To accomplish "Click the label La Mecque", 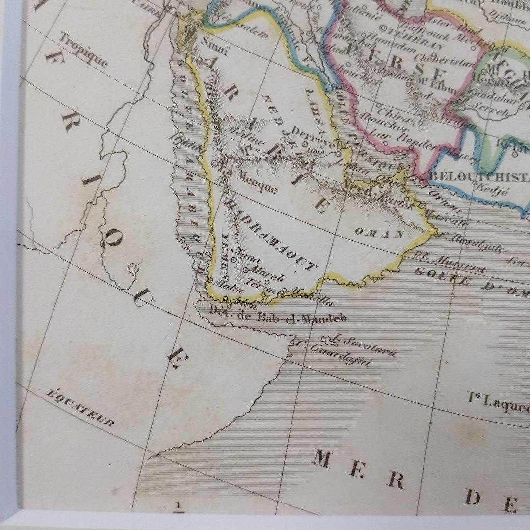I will pos(249,181).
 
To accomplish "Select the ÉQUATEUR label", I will pos(80,408).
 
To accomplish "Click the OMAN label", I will pos(379,233).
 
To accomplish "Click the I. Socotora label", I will pos(366,345).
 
